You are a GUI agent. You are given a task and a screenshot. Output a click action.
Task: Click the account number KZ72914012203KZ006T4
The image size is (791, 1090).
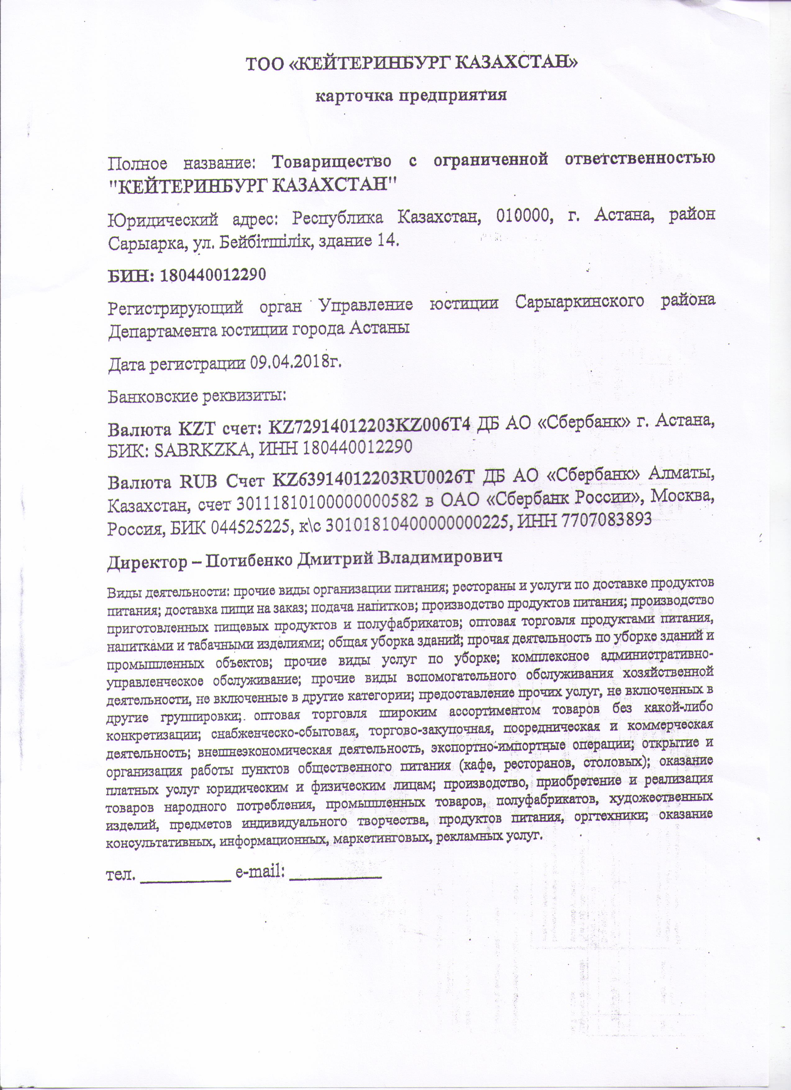[369, 426]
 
